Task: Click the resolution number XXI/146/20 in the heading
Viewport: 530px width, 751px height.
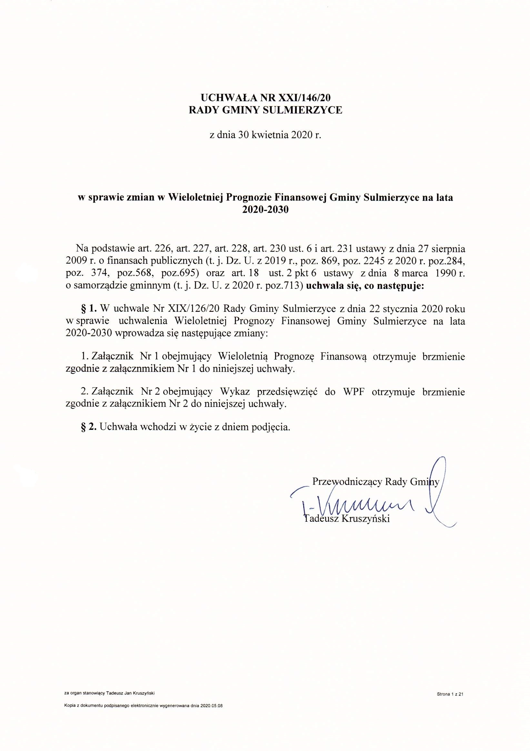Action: pyautogui.click(x=306, y=97)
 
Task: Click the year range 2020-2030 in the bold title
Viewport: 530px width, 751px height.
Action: pyautogui.click(x=265, y=210)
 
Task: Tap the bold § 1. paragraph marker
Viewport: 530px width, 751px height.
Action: pyautogui.click(x=89, y=309)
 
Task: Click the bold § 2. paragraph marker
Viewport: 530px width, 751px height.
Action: pyautogui.click(x=89, y=427)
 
